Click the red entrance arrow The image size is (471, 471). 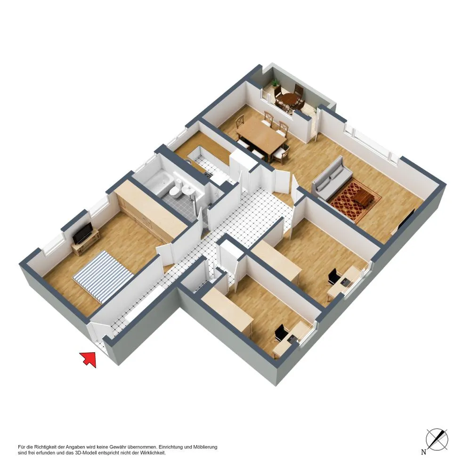pos(89,359)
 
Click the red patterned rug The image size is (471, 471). pos(356,200)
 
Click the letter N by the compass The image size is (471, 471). pos(423,452)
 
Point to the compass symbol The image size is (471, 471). pos(437,439)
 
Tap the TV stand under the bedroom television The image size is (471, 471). pos(84,241)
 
